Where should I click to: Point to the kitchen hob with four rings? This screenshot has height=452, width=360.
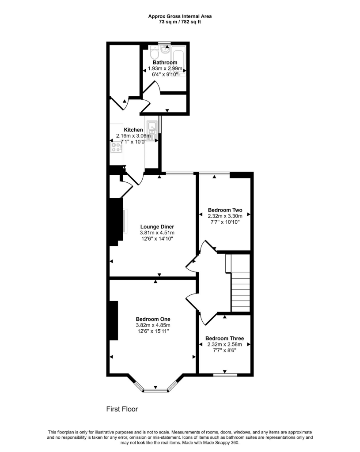(x=117, y=147)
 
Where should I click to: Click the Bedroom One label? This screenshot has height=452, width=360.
(x=153, y=319)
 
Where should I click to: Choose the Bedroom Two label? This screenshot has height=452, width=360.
(x=225, y=210)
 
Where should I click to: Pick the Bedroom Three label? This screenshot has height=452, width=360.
(x=224, y=339)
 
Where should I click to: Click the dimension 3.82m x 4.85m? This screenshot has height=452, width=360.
(x=153, y=325)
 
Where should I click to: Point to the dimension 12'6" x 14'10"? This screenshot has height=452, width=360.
(x=157, y=239)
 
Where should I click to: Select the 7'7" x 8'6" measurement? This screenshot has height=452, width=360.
(x=224, y=350)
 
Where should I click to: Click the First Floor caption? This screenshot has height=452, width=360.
(x=122, y=409)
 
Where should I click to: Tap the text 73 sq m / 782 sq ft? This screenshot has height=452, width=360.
(x=180, y=22)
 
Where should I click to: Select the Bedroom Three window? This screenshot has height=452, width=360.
(x=225, y=376)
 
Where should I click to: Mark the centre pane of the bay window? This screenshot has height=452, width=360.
(x=155, y=391)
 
